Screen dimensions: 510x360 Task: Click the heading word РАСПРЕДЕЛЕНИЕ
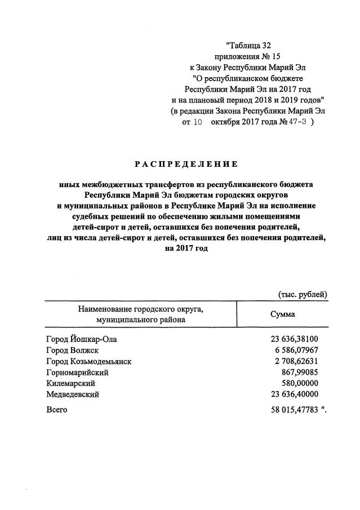[186, 164]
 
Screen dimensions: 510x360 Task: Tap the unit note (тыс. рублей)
[303, 294]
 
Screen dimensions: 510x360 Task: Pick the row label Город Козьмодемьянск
[88, 361]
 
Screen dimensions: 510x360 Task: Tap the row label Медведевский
[73, 394]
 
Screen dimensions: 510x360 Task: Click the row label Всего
[56, 410]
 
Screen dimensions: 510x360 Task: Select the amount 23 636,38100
[295, 339]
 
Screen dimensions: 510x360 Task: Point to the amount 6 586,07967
[297, 351]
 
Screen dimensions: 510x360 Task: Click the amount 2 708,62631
[297, 361]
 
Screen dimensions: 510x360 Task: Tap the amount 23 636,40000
[295, 394]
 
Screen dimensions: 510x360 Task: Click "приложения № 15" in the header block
[247, 57]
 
